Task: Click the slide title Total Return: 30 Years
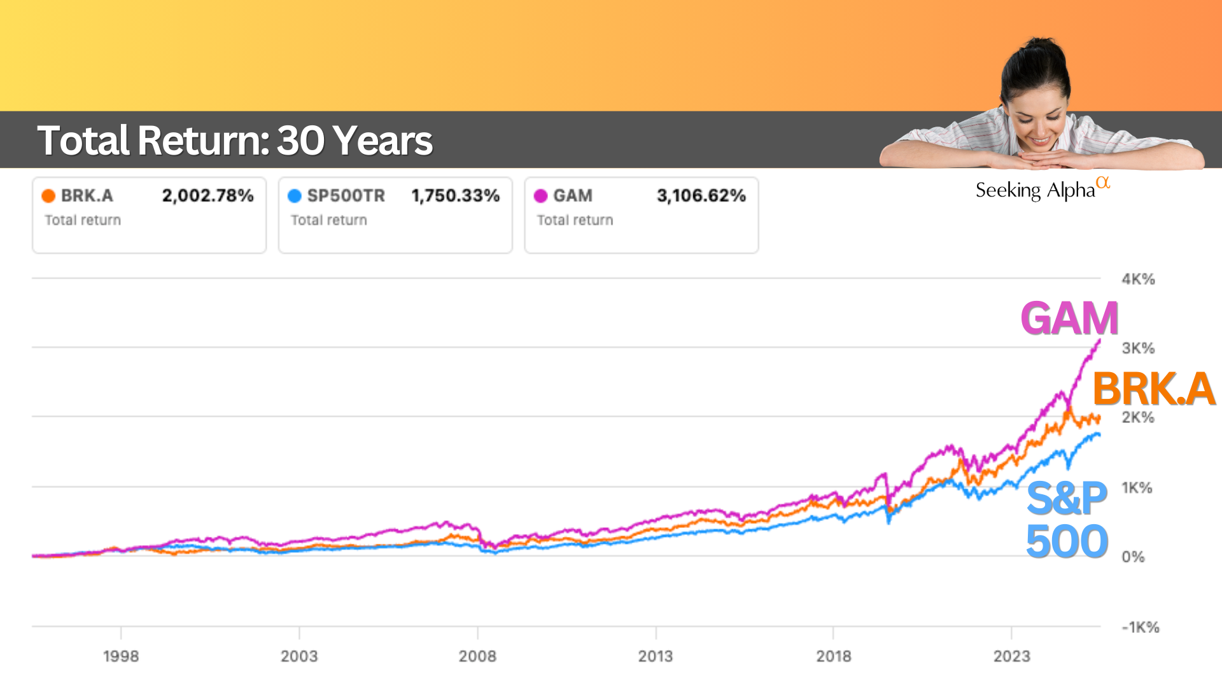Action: point(235,141)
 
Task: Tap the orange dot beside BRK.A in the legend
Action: point(48,196)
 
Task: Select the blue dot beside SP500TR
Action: point(294,196)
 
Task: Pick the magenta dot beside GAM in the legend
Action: point(540,196)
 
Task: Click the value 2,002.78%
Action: point(207,195)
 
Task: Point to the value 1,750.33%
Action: point(455,195)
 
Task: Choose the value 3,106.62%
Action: point(701,195)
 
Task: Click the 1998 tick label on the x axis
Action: point(121,656)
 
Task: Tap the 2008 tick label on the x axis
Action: point(477,656)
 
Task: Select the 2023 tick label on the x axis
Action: point(1011,656)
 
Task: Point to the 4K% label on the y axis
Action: point(1138,279)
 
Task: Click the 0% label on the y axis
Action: point(1133,557)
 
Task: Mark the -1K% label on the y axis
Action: point(1140,627)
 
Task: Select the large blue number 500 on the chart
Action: point(1067,541)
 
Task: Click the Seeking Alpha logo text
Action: point(1036,190)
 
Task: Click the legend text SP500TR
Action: point(346,196)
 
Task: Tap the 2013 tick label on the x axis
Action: point(656,656)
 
